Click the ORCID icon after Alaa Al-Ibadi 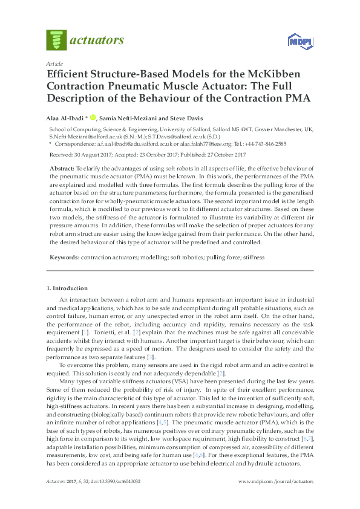click(x=93, y=118)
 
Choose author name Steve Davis click(x=186, y=118)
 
